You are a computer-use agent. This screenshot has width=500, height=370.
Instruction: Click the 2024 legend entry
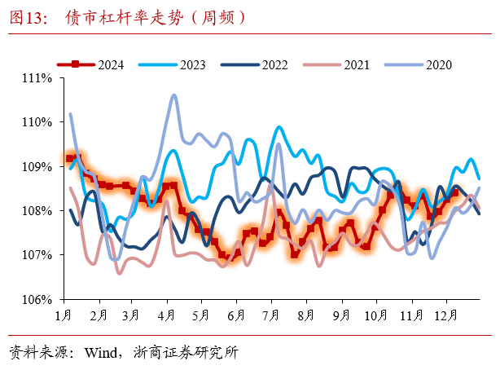pos(90,64)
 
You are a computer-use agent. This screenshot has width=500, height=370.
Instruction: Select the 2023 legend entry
pos(172,64)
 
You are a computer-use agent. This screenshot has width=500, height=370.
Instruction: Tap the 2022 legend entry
pos(253,64)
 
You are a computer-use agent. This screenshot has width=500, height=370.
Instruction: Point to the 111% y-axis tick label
pos(40,78)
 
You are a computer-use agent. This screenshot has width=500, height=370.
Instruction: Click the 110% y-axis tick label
pos(40,122)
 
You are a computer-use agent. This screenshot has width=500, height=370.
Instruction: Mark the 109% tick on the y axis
pos(40,166)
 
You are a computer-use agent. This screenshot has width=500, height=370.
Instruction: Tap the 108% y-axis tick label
pos(40,210)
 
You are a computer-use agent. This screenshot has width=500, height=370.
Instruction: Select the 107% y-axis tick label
pos(40,255)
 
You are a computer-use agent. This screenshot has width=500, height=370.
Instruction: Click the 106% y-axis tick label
pos(40,299)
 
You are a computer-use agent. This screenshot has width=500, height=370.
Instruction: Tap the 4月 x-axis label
pos(167,314)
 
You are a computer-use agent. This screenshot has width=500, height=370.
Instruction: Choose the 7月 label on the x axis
pos(272,314)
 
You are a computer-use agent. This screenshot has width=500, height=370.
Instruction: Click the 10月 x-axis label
pos(376,314)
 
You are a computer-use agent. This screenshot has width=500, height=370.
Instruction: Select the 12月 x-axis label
pos(446,314)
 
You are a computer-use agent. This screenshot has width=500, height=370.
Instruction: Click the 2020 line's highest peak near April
pos(173,95)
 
